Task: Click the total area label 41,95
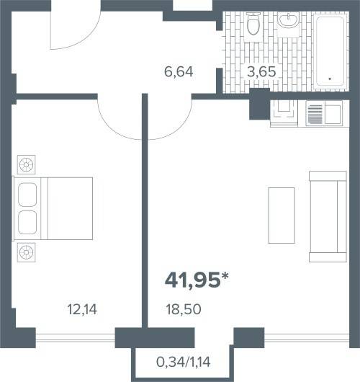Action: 192,280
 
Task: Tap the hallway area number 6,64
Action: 179,72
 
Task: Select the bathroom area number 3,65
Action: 261,71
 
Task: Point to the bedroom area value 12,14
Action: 82,309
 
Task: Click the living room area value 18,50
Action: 184,309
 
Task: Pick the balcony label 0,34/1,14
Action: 184,362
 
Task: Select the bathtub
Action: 330,51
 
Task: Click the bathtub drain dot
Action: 330,79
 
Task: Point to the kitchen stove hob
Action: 284,112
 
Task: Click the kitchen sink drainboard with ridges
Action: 315,114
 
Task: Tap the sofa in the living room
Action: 328,216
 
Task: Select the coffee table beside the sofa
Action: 282,216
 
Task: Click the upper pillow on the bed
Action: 27,195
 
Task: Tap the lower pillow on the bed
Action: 27,223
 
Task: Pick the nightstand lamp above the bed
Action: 27,164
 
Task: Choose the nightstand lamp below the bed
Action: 27,252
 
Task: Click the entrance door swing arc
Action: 86,37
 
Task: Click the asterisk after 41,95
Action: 225,276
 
